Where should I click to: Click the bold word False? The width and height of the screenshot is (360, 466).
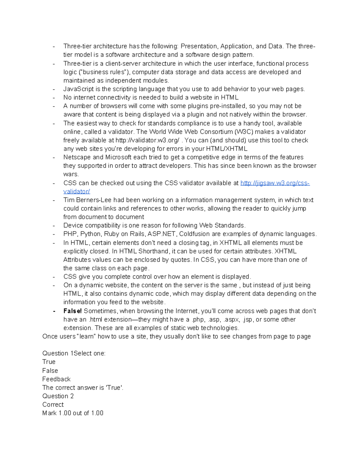coord(72,311)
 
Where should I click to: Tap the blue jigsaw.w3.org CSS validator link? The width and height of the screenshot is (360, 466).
coord(275,183)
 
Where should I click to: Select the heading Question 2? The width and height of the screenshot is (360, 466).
coord(58,396)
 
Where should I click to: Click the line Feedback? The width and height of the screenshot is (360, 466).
coord(56,379)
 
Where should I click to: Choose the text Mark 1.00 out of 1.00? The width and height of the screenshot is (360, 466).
coord(73,413)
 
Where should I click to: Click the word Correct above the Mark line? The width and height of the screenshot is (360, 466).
coord(53,404)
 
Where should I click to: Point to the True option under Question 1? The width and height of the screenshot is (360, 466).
coord(49,362)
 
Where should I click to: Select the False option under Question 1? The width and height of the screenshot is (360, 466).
coord(50,371)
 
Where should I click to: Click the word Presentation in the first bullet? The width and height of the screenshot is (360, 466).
coord(199,46)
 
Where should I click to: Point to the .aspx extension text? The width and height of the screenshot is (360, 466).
coord(232,320)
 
